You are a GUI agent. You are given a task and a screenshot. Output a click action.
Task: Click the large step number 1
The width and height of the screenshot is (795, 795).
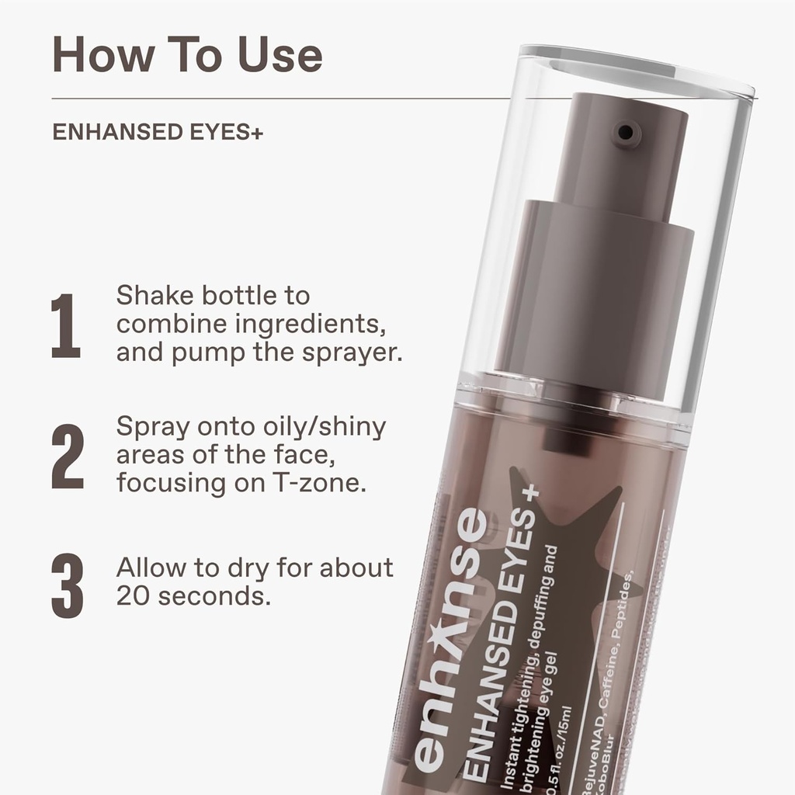(66, 325)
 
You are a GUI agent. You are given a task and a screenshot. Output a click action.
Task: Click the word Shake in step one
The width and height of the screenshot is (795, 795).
(154, 296)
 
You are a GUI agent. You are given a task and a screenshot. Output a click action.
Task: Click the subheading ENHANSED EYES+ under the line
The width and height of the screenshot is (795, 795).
(158, 132)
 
